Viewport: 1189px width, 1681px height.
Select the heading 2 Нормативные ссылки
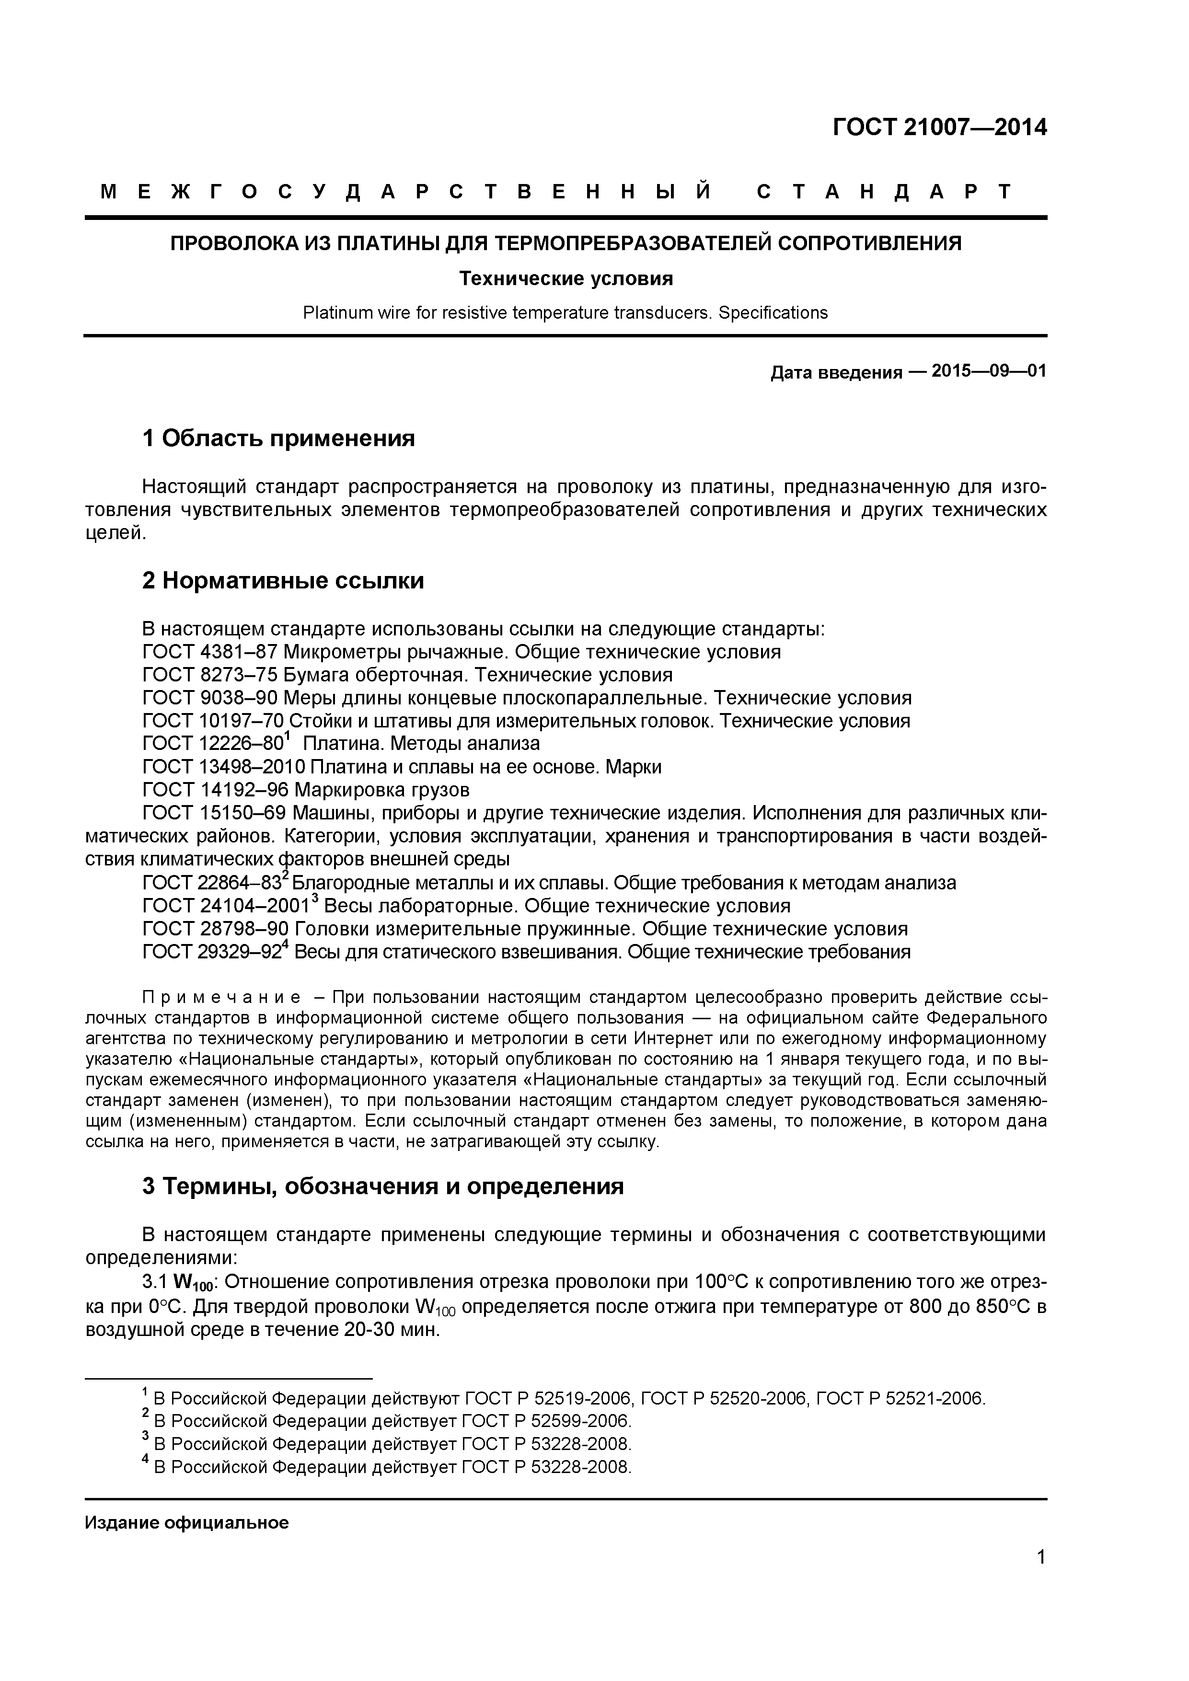coord(283,581)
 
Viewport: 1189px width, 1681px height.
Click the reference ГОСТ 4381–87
coord(209,652)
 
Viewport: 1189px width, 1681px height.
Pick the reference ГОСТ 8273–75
coord(209,674)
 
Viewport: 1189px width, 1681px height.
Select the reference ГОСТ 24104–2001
coord(226,907)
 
